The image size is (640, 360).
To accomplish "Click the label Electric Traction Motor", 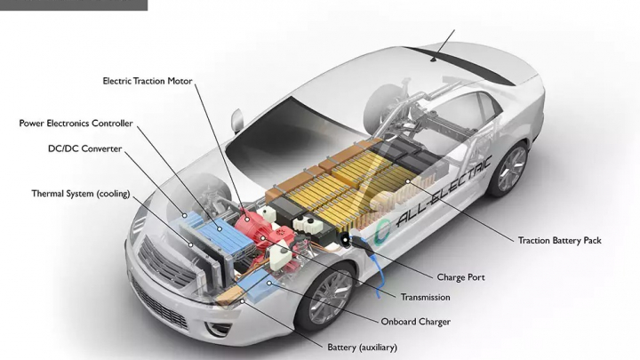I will tap(148, 80).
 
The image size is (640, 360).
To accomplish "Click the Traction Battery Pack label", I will tap(559, 240).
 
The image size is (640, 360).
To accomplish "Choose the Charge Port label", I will tap(460, 277).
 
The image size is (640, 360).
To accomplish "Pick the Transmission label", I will tap(425, 297).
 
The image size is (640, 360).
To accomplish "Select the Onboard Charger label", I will tap(416, 321).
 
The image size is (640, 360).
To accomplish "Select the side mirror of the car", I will tap(236, 118).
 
